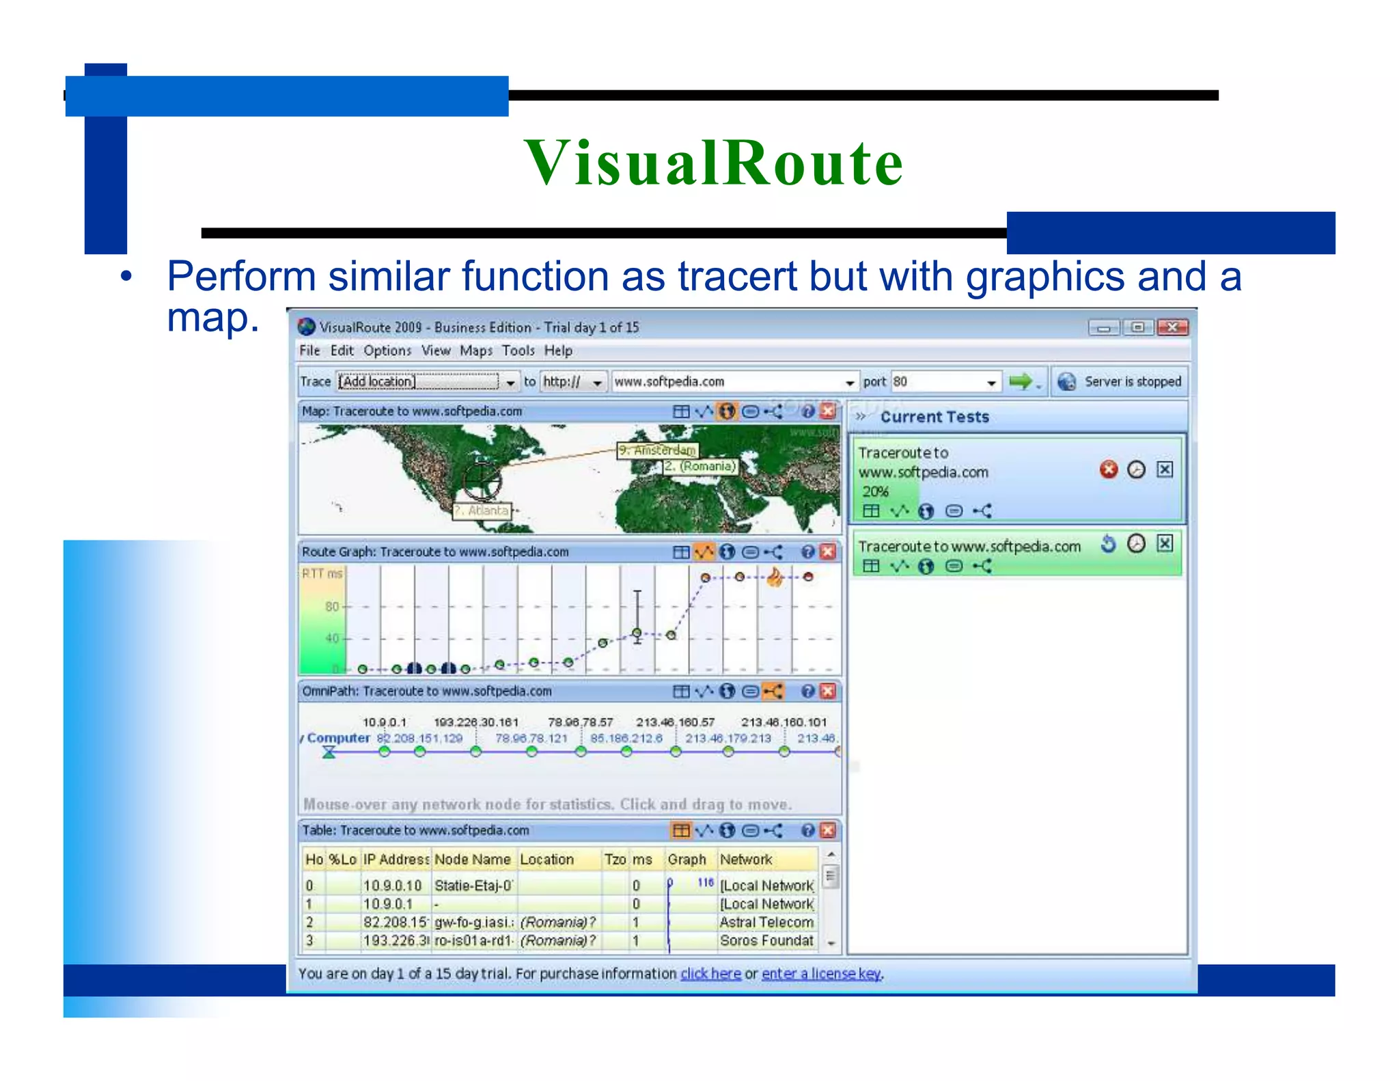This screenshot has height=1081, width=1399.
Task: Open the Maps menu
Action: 475,351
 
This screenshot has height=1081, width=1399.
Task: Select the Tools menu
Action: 518,351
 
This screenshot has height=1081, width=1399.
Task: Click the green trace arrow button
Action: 1021,381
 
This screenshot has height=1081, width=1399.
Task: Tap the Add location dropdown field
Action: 418,381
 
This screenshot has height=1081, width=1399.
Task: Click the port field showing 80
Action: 940,381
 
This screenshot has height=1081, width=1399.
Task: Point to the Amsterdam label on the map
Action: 657,450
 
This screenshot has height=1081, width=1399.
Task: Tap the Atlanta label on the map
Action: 482,510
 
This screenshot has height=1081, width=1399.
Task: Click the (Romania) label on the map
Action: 700,466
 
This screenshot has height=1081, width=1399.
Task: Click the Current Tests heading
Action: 934,417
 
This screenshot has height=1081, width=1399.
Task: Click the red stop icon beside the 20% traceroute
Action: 1108,469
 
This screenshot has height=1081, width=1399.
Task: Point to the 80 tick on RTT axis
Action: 332,606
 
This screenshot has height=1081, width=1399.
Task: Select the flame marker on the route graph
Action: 775,577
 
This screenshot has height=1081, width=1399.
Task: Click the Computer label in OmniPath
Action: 338,738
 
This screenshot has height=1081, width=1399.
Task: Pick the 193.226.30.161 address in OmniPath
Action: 476,722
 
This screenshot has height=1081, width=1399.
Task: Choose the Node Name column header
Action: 472,860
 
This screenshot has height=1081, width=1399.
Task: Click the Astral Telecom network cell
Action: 766,922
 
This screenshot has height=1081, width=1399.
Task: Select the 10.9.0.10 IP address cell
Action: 392,886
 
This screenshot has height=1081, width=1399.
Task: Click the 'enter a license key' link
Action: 821,973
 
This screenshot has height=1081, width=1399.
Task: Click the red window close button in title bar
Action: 1172,327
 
